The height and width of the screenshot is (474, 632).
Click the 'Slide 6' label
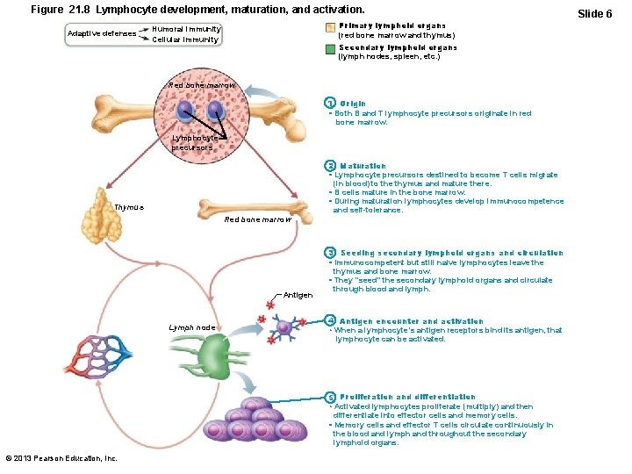(594, 14)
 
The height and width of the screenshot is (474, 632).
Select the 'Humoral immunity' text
(187, 29)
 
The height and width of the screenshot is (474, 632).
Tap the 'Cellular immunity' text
(187, 39)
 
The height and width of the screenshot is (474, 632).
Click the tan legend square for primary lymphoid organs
(328, 30)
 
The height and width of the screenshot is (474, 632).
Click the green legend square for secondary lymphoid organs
(328, 51)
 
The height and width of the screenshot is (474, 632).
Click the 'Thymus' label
(129, 207)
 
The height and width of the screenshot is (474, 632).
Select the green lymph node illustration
(214, 357)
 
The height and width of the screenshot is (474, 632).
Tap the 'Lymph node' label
(192, 327)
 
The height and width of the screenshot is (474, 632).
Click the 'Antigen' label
(298, 295)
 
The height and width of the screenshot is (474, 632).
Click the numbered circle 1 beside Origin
(328, 104)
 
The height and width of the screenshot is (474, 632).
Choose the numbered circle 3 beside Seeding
(328, 253)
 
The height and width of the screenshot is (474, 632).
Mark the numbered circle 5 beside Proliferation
(328, 397)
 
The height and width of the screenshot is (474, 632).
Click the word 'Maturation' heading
(363, 166)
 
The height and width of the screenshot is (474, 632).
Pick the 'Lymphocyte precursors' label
(193, 143)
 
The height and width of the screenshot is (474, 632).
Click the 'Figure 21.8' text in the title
(61, 9)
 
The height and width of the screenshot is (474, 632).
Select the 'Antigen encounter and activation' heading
(411, 321)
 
